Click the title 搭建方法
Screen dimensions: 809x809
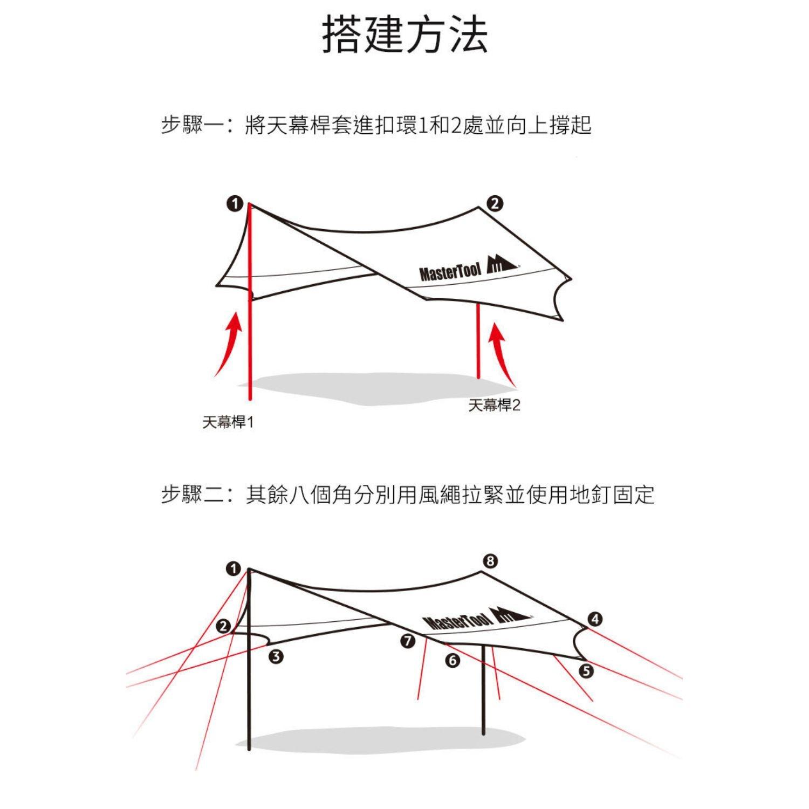404,34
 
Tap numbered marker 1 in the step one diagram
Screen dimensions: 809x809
235,203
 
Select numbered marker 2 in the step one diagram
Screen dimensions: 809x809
494,203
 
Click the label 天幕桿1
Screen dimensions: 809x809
228,422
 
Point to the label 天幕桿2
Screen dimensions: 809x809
494,405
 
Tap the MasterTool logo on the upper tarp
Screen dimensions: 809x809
468,268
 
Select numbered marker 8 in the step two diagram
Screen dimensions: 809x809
490,561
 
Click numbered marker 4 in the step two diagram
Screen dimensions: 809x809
594,619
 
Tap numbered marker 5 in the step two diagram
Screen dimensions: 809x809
586,671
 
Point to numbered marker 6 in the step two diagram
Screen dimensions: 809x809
453,661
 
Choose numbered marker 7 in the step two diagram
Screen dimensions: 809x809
408,642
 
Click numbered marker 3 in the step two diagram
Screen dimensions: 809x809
276,656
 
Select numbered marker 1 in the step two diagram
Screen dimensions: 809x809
234,569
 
